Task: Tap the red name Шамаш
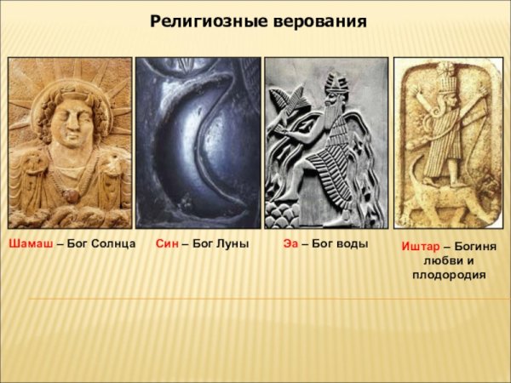point(29,243)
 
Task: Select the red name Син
point(166,243)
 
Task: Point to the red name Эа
point(290,243)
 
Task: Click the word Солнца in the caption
point(113,243)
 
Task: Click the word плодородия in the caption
point(449,275)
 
